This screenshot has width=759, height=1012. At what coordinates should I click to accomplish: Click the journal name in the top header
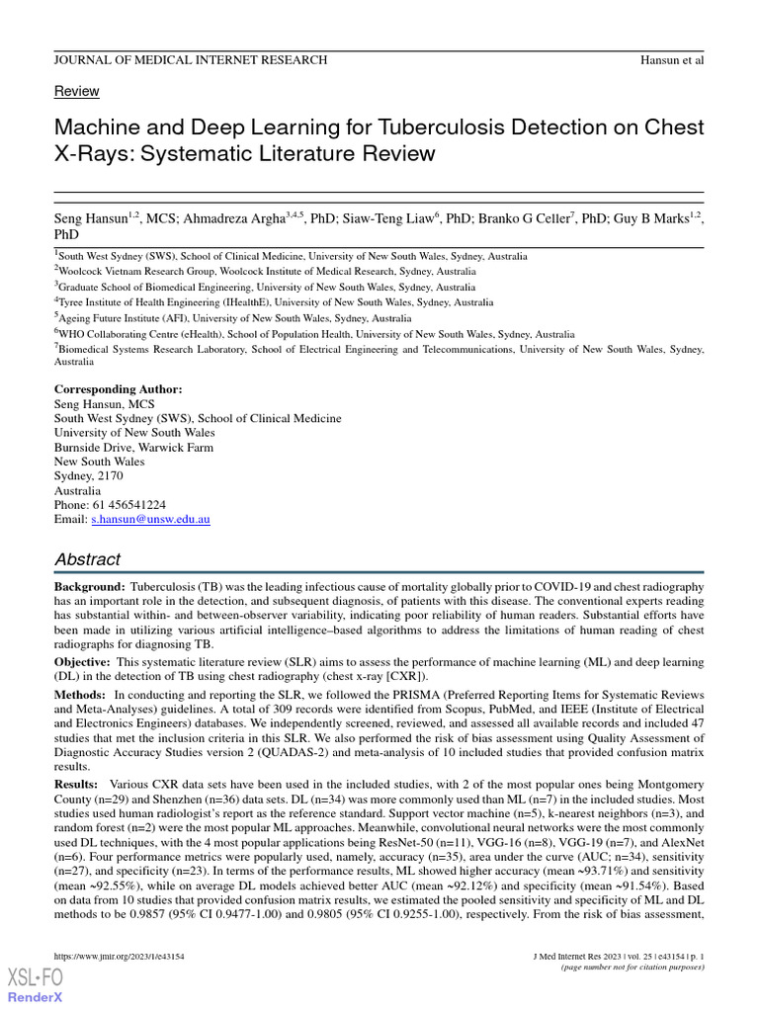pyautogui.click(x=190, y=59)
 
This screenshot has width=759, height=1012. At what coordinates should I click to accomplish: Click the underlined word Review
pyautogui.click(x=76, y=91)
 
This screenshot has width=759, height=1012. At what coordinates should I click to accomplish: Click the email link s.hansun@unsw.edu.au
pyautogui.click(x=150, y=518)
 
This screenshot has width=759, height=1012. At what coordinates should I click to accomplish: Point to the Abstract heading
pyautogui.click(x=87, y=558)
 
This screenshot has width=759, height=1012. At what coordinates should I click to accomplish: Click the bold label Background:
pyautogui.click(x=89, y=587)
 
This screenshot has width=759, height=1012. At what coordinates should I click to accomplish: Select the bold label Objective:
pyautogui.click(x=84, y=660)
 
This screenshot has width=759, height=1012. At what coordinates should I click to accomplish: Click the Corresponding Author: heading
pyautogui.click(x=118, y=389)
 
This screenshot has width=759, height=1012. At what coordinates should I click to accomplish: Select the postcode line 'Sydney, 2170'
pyautogui.click(x=88, y=475)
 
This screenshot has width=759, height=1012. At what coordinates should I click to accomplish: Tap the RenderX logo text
pyautogui.click(x=36, y=997)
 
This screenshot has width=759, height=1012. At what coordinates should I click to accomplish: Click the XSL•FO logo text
pyautogui.click(x=36, y=977)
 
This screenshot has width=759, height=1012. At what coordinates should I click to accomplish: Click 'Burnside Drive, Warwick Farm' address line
pyautogui.click(x=133, y=447)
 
